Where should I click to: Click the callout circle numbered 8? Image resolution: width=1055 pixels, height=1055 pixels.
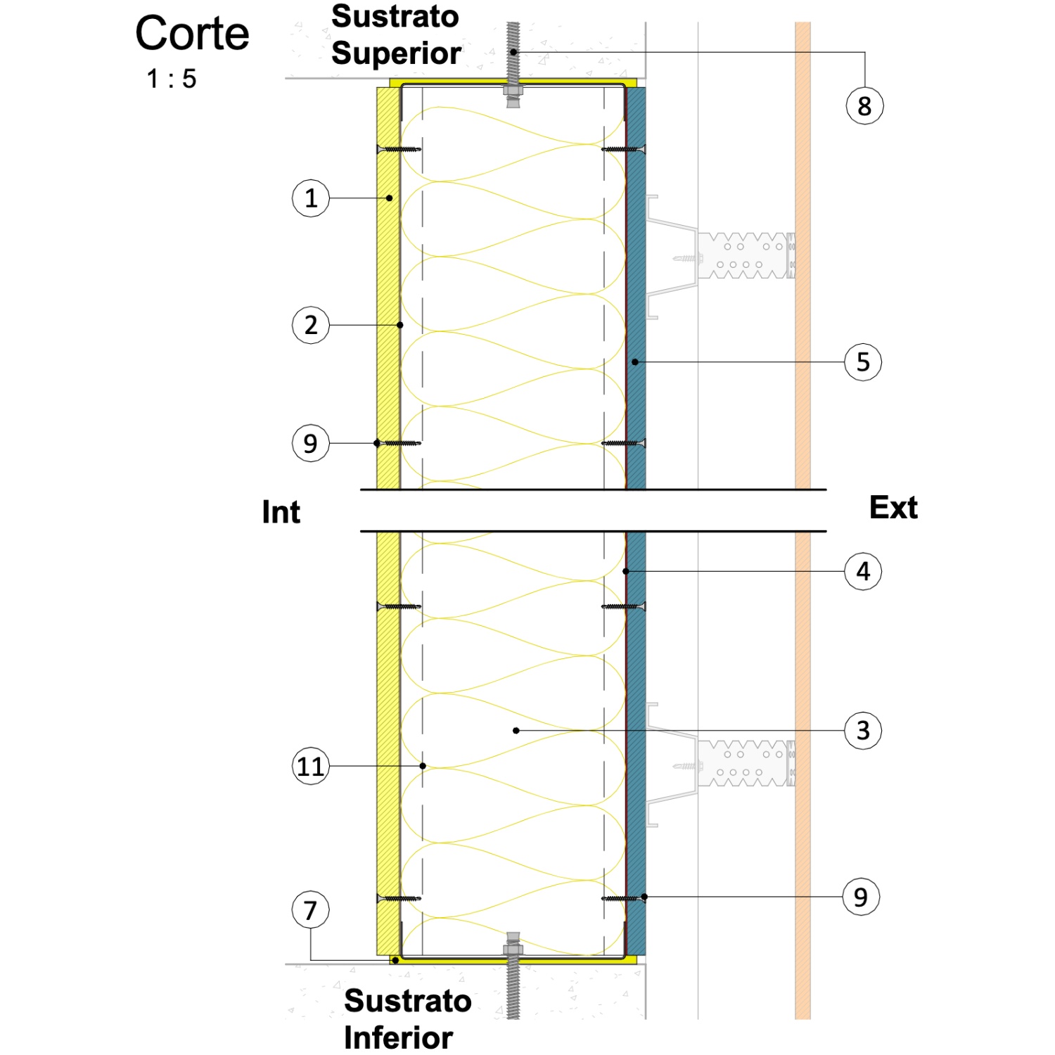tap(864, 106)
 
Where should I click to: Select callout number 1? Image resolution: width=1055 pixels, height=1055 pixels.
tap(311, 198)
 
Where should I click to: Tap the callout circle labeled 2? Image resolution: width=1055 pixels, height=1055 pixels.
tap(311, 325)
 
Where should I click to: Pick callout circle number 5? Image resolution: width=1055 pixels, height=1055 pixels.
tap(863, 362)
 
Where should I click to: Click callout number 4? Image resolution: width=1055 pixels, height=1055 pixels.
tap(863, 571)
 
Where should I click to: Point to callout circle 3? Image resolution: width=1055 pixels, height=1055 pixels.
tap(863, 731)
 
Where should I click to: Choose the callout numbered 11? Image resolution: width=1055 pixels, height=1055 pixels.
tap(311, 766)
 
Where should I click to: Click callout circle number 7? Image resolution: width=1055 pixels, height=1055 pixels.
tap(311, 910)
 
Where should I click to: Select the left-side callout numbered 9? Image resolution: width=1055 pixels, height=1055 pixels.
tap(311, 443)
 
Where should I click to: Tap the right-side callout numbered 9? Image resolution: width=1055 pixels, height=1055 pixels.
tap(861, 897)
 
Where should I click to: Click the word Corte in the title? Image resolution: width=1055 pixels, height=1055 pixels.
tap(192, 33)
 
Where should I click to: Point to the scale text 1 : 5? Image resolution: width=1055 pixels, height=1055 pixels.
tap(171, 79)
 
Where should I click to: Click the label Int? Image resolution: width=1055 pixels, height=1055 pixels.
tap(281, 512)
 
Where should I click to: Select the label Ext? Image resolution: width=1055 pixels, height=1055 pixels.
tap(893, 507)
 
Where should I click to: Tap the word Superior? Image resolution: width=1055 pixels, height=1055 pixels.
tap(396, 53)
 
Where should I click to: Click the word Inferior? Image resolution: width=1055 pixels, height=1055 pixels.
tap(398, 1037)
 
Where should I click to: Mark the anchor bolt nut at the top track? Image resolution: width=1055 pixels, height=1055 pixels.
tap(513, 91)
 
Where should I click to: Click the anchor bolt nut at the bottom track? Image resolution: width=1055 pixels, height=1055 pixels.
tap(513, 949)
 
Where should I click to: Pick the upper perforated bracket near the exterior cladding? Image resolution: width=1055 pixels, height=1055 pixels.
tap(746, 255)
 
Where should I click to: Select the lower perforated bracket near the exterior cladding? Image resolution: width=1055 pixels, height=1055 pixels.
tap(746, 763)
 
